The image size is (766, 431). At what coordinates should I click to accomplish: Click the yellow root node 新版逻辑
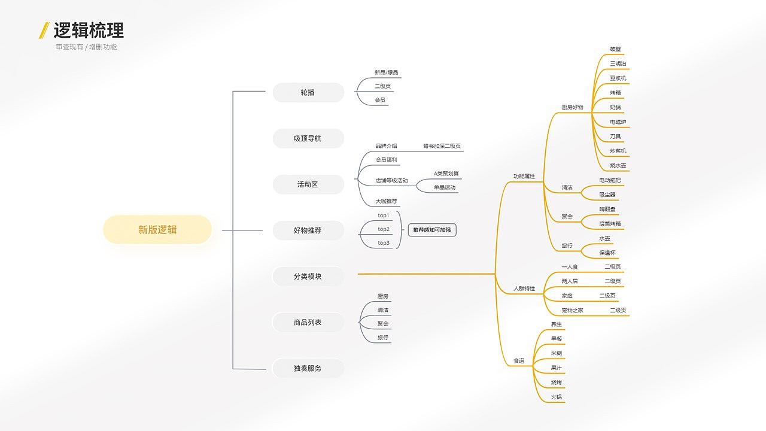(x=157, y=230)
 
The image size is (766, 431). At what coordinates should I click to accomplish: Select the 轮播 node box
(x=308, y=93)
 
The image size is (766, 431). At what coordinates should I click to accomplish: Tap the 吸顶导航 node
(x=308, y=138)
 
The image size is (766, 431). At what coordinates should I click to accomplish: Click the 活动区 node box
(x=308, y=184)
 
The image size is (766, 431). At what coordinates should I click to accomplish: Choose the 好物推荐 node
(x=308, y=230)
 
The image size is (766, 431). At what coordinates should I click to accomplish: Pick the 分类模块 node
(x=308, y=277)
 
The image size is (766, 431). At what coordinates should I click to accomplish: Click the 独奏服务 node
(x=308, y=368)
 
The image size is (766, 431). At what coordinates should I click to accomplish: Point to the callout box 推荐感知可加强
(x=432, y=230)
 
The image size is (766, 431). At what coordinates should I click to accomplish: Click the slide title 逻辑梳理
(x=89, y=30)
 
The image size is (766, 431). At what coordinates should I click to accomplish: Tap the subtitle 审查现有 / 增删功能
(x=86, y=47)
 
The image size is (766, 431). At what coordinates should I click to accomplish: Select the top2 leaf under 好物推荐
(x=384, y=229)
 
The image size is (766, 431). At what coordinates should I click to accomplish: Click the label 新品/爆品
(x=386, y=72)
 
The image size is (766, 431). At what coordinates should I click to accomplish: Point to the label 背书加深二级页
(x=442, y=146)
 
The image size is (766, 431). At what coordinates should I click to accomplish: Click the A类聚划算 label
(x=446, y=174)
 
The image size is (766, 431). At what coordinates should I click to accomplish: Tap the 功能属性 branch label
(x=524, y=177)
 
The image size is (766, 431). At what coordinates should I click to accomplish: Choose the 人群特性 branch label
(x=524, y=289)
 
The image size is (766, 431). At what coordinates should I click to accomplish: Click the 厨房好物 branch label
(x=572, y=107)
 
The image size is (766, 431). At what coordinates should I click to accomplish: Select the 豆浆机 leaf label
(x=618, y=78)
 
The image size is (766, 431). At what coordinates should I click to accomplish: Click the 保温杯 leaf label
(x=608, y=253)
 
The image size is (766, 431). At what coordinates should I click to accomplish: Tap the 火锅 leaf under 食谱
(x=557, y=397)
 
